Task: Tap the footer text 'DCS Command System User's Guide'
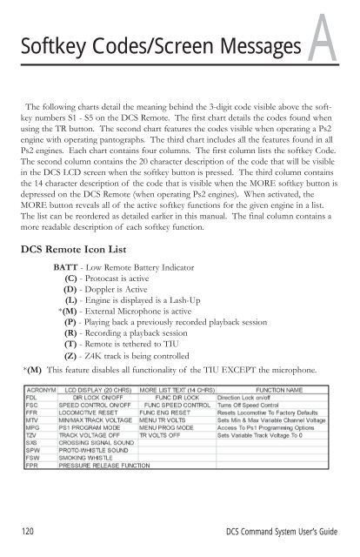(x=288, y=534)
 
